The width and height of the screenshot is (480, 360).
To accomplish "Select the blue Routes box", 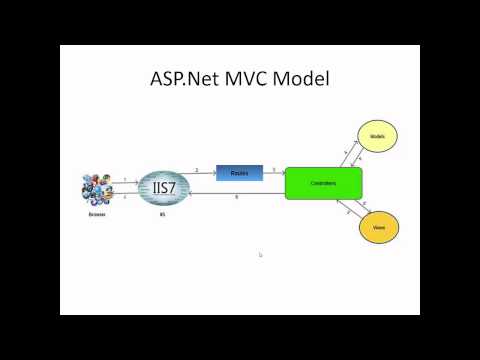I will point(239,173).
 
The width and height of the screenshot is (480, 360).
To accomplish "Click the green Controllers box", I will point(323,184).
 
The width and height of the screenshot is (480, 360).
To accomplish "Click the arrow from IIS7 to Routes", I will point(199,174).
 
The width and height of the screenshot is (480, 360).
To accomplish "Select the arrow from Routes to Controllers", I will point(273,174).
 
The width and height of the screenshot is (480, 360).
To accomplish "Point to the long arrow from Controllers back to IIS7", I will point(240,193).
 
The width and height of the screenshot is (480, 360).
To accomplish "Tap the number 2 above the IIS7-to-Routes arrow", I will point(196,169).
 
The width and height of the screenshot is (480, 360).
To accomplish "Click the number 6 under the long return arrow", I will point(236,198).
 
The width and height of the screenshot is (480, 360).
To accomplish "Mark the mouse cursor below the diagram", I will point(260,255).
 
